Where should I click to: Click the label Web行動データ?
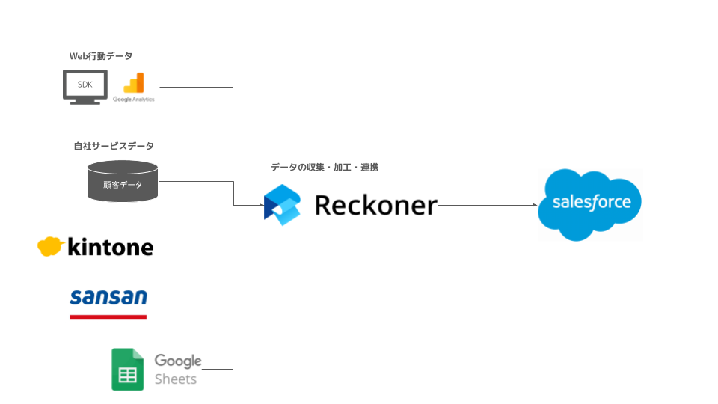point(100,56)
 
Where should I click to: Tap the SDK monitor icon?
point(85,87)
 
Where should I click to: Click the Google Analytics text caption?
point(134,99)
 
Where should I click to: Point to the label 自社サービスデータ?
point(114,146)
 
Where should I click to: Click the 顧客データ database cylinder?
point(123,181)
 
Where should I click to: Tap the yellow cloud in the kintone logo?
point(50,246)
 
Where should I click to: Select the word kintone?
point(110,247)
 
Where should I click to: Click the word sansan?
point(108,297)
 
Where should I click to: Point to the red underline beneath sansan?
point(108,316)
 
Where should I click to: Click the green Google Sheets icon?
point(127,369)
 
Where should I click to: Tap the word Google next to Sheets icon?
point(178,361)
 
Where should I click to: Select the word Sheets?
point(176,379)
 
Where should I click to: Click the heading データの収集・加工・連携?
point(325,168)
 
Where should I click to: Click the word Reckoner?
point(375,204)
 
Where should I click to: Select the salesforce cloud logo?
point(590,204)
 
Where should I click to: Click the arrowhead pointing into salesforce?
point(533,205)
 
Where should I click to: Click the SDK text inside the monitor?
point(85,84)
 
